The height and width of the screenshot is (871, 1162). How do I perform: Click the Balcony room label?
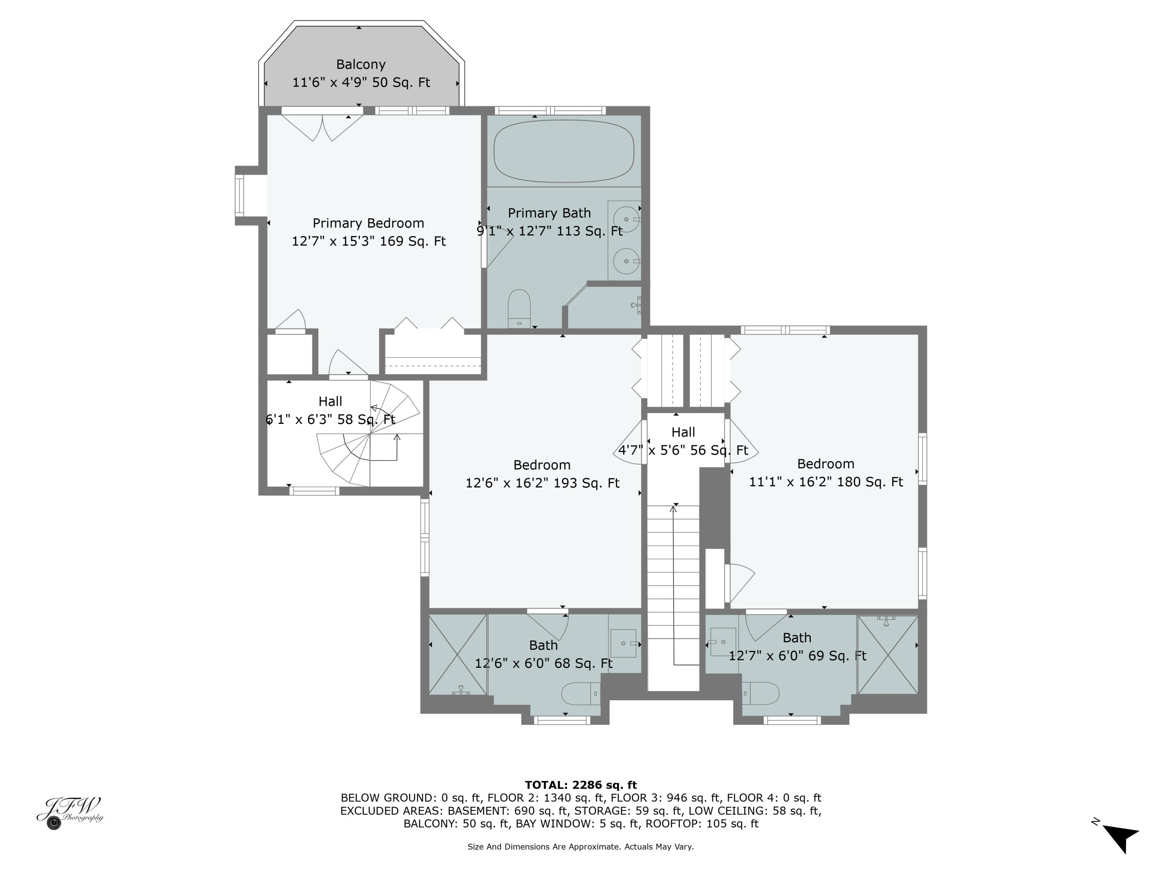(x=361, y=65)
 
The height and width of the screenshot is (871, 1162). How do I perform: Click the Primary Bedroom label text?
(x=368, y=223)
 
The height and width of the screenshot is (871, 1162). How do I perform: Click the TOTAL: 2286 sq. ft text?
(x=581, y=785)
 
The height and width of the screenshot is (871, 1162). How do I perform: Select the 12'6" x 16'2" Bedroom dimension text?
(x=542, y=483)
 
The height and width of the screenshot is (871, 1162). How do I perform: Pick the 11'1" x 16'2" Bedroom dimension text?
(x=825, y=482)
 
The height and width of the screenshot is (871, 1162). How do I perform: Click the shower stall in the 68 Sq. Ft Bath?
(x=458, y=655)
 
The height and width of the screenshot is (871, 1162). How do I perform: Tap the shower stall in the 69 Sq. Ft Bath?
(x=888, y=655)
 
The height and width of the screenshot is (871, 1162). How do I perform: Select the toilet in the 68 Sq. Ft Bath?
(x=581, y=694)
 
